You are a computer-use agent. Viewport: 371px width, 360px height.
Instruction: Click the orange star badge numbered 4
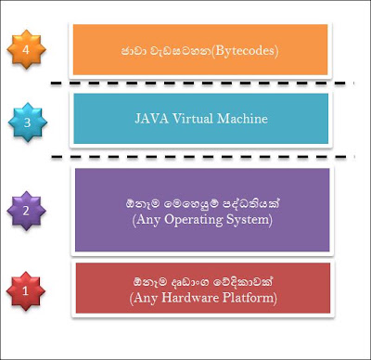[x=26, y=49]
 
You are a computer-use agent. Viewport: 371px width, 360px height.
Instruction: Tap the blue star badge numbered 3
[x=28, y=122]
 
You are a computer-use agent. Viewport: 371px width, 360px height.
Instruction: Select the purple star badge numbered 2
[x=26, y=211]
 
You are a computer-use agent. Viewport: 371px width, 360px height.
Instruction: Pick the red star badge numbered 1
[x=26, y=291]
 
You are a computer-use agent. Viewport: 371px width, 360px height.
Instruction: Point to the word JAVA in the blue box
[x=152, y=119]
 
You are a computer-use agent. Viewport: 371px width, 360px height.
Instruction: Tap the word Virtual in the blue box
[x=193, y=119]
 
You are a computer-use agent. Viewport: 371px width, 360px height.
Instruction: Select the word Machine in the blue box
[x=242, y=119]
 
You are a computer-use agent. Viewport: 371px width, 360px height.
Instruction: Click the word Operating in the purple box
[x=194, y=221]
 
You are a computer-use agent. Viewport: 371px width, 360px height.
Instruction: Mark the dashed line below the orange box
[x=202, y=83]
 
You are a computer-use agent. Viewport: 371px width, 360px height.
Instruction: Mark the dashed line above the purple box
[x=203, y=157]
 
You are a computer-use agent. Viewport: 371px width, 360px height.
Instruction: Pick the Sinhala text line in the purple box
[x=203, y=204]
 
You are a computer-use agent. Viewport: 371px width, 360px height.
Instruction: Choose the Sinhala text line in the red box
[x=203, y=282]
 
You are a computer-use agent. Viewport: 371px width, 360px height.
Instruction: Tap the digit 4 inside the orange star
[x=26, y=49]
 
